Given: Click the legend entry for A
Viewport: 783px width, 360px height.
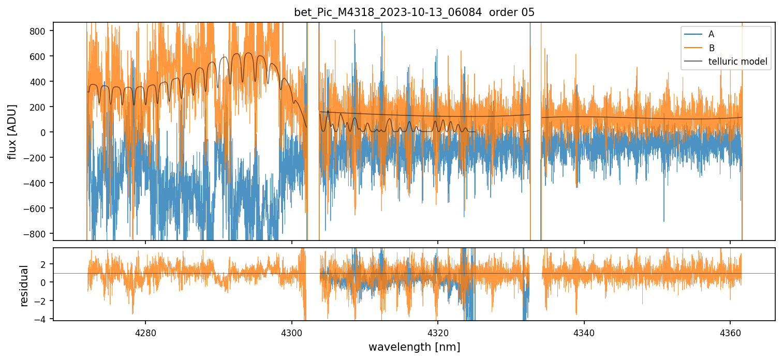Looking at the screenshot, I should click(711, 34).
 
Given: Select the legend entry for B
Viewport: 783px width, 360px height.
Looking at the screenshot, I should click(711, 48).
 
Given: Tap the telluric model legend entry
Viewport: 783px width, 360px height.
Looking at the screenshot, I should click(737, 62).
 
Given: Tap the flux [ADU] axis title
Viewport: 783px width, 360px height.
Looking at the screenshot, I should click(12, 132).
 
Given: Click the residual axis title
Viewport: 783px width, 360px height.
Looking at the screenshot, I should click(24, 286).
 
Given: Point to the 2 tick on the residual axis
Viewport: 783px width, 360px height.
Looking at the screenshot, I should click(43, 264).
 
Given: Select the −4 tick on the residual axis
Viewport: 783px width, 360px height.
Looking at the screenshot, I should click(41, 319).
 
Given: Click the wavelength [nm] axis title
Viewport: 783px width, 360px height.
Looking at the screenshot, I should click(414, 347).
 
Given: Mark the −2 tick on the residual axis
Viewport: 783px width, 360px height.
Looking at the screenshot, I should click(41, 301).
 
